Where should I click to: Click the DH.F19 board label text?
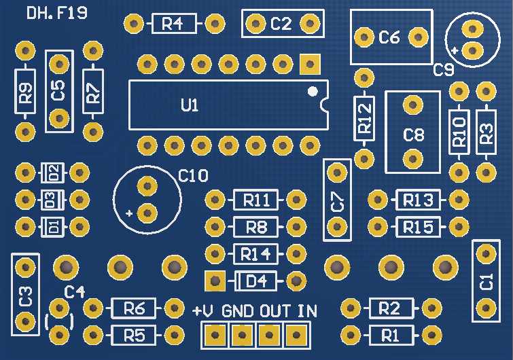coord(57,13)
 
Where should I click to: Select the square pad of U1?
coord(309,65)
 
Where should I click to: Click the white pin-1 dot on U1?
coord(312,91)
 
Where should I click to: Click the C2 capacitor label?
coord(281,24)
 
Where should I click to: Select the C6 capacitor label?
coord(389,37)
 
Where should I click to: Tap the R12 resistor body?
coord(364,118)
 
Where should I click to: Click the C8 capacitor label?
coord(413,134)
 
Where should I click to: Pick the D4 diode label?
coord(256,281)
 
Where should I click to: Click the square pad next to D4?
coord(215,280)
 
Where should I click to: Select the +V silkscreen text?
coord(203,311)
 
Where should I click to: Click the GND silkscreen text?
coord(237,311)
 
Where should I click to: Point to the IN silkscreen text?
coord(307,311)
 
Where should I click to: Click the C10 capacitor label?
coord(193,176)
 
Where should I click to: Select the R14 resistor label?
coord(256,255)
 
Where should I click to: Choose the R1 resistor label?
coord(390,334)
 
